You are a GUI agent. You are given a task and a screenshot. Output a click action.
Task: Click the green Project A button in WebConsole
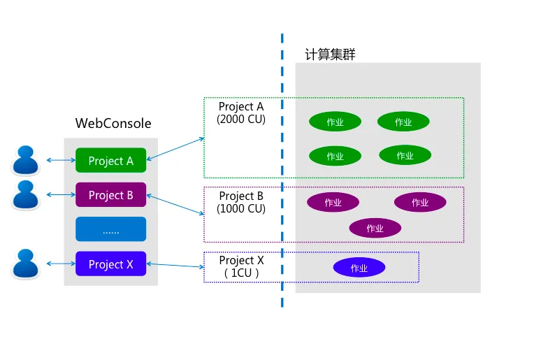pyautogui.click(x=110, y=161)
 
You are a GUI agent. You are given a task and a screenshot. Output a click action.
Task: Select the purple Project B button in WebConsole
pyautogui.click(x=110, y=195)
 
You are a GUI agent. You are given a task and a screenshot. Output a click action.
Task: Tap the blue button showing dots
pyautogui.click(x=110, y=229)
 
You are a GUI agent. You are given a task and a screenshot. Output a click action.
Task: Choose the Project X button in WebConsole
pyautogui.click(x=110, y=264)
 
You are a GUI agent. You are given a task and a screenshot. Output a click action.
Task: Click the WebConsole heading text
pyautogui.click(x=113, y=124)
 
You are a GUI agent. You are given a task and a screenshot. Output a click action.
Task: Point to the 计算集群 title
pyautogui.click(x=330, y=55)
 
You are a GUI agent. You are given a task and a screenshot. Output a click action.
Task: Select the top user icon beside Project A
pyautogui.click(x=27, y=160)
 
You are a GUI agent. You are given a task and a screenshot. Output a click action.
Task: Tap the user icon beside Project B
pyautogui.click(x=27, y=195)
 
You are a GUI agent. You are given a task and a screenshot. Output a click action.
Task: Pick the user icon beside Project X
pyautogui.click(x=27, y=264)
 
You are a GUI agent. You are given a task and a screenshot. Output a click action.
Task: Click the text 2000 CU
pyautogui.click(x=241, y=119)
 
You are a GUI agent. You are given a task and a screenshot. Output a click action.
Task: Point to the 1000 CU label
pyautogui.click(x=241, y=208)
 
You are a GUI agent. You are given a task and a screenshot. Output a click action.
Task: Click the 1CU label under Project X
pyautogui.click(x=241, y=273)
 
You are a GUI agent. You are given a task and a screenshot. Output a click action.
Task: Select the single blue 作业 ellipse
pyautogui.click(x=359, y=268)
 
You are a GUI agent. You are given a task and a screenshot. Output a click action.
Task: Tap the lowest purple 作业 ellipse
pyautogui.click(x=375, y=228)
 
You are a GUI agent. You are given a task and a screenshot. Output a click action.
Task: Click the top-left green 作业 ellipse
pyautogui.click(x=335, y=122)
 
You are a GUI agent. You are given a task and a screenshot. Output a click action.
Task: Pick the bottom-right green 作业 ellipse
pyautogui.click(x=405, y=155)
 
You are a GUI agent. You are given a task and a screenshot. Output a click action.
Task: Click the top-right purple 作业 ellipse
pyautogui.click(x=420, y=202)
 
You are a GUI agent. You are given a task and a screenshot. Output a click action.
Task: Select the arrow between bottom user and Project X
pyautogui.click(x=61, y=264)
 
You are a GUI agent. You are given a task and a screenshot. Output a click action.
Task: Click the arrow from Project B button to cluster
pyautogui.click(x=175, y=205)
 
